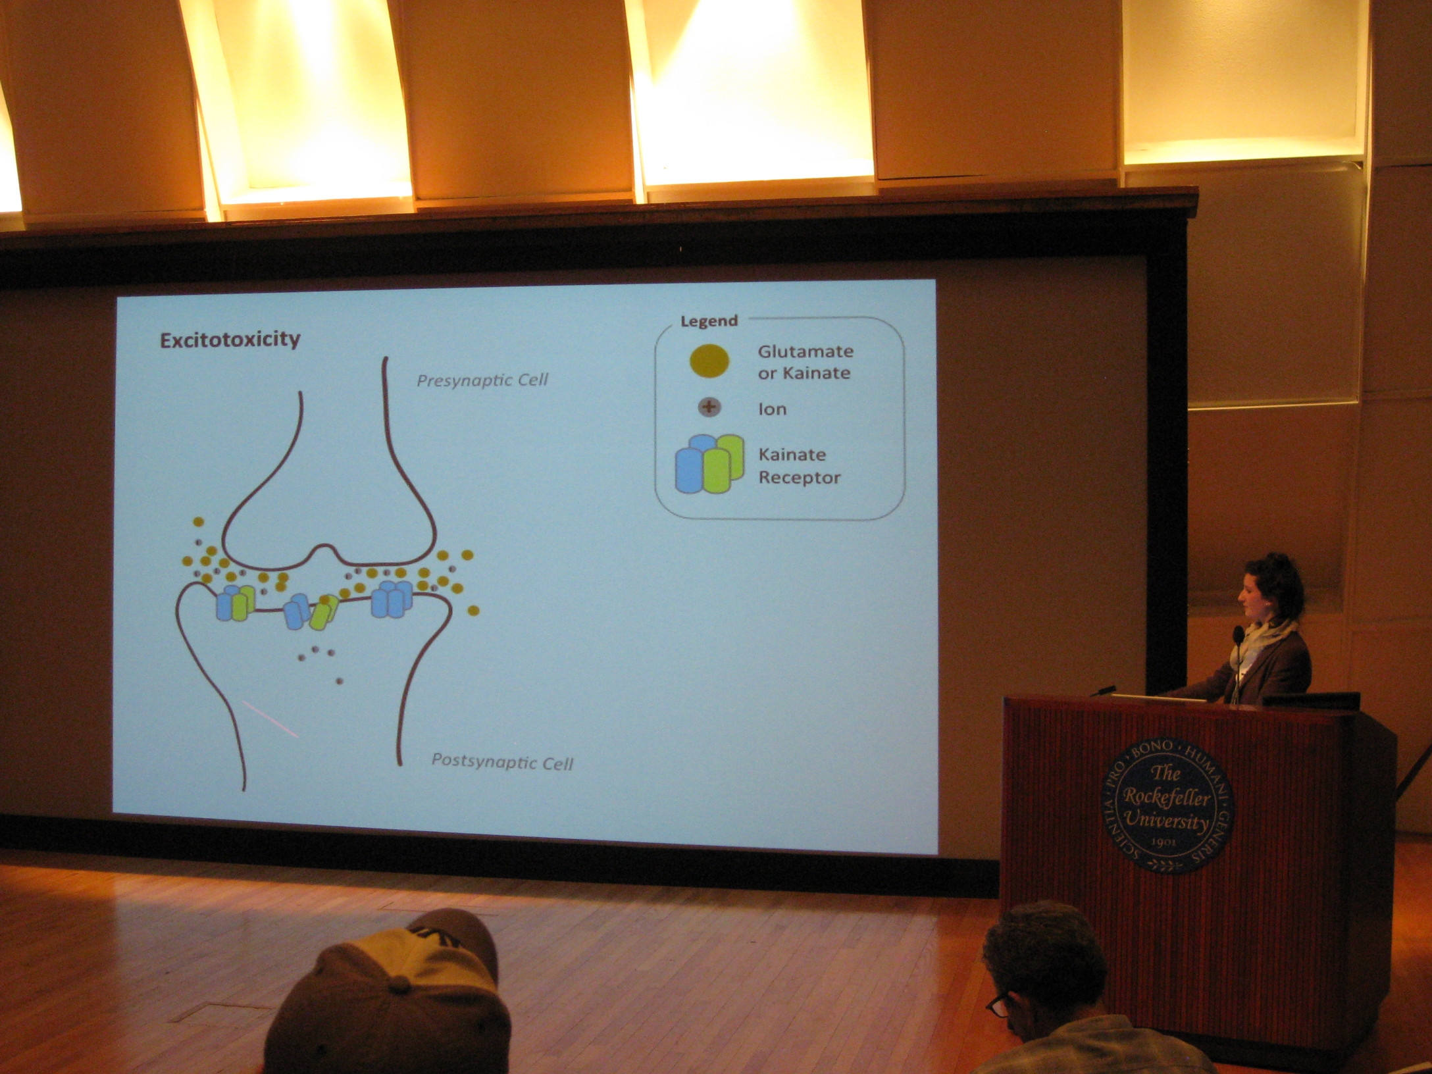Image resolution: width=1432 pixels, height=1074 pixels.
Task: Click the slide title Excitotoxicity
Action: click(230, 340)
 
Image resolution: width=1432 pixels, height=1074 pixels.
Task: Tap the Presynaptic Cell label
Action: click(482, 380)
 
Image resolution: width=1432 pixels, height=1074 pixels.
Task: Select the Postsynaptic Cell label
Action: click(502, 762)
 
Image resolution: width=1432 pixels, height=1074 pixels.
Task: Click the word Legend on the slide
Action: click(709, 321)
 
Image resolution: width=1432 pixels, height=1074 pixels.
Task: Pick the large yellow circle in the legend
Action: click(709, 361)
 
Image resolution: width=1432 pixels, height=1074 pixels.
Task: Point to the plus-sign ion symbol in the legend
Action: click(709, 407)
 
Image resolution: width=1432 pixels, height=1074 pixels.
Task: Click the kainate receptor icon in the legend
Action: click(709, 464)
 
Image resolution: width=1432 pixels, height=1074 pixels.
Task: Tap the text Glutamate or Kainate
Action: click(805, 362)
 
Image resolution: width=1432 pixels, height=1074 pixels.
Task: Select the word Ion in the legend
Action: click(772, 409)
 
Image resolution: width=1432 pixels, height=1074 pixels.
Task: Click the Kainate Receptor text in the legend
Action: click(799, 466)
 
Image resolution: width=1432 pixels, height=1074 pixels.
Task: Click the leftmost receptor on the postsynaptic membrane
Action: click(235, 603)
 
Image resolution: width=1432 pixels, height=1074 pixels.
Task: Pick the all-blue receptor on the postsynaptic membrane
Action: click(392, 599)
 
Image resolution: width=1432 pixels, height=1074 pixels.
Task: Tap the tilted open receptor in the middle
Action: click(311, 612)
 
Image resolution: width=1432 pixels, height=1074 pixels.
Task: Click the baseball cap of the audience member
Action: click(390, 987)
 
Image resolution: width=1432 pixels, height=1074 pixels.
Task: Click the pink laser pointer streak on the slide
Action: click(270, 719)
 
